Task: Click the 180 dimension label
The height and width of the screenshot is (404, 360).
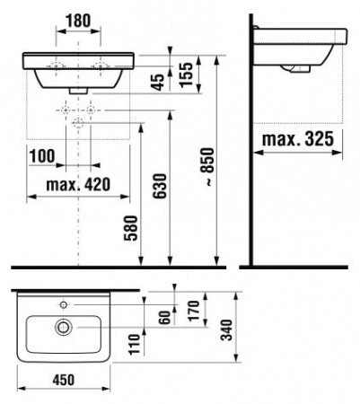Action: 78,21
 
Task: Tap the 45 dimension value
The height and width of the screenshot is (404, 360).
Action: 159,82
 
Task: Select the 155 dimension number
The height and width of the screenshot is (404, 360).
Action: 187,75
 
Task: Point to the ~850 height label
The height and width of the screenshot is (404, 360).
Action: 207,166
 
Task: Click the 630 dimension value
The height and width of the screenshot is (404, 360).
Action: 159,186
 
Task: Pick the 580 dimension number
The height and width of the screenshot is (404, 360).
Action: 131,228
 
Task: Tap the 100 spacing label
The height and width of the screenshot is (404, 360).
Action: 42,156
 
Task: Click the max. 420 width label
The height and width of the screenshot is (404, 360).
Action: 78,185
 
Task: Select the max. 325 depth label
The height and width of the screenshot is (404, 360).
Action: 298,139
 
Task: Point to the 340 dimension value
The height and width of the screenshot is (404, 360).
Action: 226,329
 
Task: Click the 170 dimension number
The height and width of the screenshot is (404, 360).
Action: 194,311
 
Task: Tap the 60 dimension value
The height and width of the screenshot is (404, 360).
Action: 165,317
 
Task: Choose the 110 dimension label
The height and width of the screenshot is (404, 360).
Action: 135,344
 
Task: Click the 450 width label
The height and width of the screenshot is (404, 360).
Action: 64,380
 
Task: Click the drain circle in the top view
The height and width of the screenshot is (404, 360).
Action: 64,327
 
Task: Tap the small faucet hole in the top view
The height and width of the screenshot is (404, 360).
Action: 64,305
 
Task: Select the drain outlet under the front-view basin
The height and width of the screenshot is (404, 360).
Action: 78,91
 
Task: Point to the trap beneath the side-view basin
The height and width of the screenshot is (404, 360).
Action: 296,69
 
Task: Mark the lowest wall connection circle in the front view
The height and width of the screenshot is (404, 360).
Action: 78,122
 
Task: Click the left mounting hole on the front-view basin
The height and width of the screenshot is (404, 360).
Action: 56,66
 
